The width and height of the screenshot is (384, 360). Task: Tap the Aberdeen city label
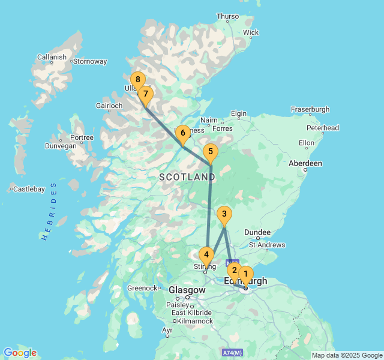pyautogui.click(x=305, y=163)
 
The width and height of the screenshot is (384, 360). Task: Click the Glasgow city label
pyautogui.click(x=187, y=290)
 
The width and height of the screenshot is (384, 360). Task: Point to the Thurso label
pyautogui.click(x=227, y=17)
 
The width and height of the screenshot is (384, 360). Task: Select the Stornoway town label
pyautogui.click(x=90, y=61)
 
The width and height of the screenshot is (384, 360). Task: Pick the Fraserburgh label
pyautogui.click(x=310, y=109)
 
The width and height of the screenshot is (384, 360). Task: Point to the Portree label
pyautogui.click(x=82, y=137)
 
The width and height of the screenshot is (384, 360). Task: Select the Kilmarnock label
pyautogui.click(x=192, y=321)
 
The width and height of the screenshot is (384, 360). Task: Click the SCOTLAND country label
pyautogui.click(x=187, y=178)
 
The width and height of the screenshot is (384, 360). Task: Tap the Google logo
pyautogui.click(x=20, y=353)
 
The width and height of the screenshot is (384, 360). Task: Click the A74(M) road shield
pyautogui.click(x=232, y=352)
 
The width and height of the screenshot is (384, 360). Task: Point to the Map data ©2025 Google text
pyautogui.click(x=346, y=355)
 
